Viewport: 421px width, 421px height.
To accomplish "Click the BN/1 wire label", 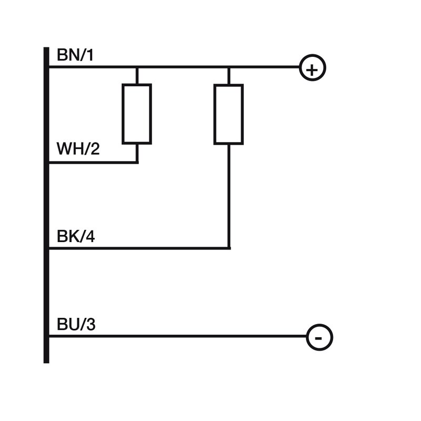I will [75, 55].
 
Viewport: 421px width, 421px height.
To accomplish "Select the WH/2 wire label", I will [78, 149].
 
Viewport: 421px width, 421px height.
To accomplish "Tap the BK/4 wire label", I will [76, 237].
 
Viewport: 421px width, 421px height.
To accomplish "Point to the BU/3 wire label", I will [76, 325].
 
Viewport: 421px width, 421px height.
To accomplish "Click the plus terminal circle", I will [313, 68].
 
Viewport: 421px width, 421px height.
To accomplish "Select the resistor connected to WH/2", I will [137, 114].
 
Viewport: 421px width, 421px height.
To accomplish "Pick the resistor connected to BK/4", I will [228, 114].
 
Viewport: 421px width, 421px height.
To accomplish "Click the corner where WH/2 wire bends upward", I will [137, 162].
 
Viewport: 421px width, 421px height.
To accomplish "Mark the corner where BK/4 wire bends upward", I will [228, 247].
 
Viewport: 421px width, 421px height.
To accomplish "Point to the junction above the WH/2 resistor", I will [137, 67].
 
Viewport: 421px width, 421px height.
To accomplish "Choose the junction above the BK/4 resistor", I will [228, 67].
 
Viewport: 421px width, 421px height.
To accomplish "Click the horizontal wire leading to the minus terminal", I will [179, 336].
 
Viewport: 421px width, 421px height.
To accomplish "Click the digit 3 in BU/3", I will [91, 325].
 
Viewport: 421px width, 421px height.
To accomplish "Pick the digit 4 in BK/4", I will [90, 237].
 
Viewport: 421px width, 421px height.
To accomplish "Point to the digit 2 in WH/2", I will [94, 149].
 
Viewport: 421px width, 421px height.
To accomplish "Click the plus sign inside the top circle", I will [313, 69].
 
